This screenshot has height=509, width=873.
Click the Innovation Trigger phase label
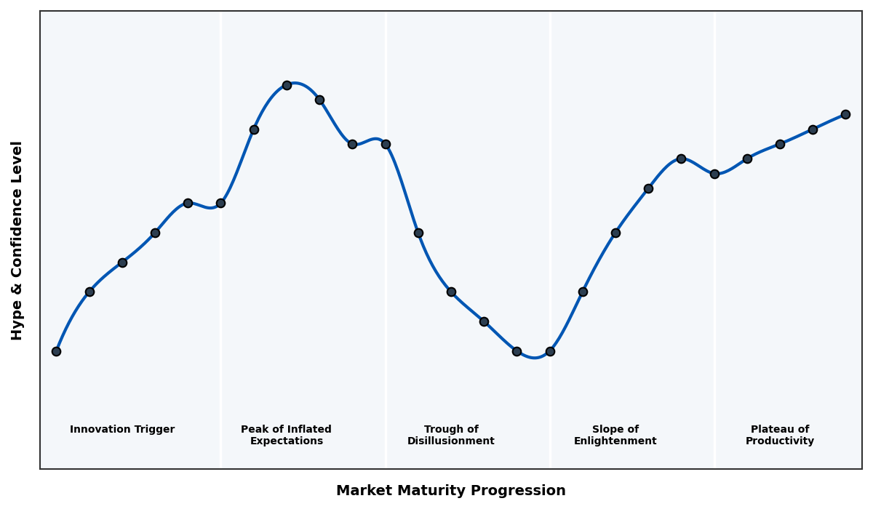coord(122,430)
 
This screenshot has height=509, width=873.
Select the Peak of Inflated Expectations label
coord(286,436)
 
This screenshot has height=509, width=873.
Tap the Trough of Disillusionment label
coord(450,436)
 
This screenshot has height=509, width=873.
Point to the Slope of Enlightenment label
coord(615,436)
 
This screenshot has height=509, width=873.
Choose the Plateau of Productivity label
coord(779,436)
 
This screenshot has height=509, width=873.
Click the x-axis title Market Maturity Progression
coord(450,491)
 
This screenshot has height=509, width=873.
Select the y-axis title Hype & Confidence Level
coord(17,240)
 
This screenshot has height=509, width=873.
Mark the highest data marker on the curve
coord(287,85)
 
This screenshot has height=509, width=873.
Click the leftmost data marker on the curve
coord(56,351)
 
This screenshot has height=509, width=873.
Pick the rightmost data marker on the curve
coord(845,114)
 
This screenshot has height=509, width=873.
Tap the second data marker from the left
coord(89,292)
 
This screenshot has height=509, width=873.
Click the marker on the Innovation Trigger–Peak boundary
coord(220,203)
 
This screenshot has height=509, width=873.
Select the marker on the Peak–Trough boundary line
coord(386,144)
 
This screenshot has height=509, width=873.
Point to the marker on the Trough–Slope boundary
coord(550,351)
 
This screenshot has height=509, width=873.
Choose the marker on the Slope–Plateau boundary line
coord(714,174)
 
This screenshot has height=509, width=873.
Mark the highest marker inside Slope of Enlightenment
coord(681,159)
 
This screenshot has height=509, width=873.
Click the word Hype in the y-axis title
coord(17,324)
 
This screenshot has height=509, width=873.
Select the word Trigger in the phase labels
coord(154,430)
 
